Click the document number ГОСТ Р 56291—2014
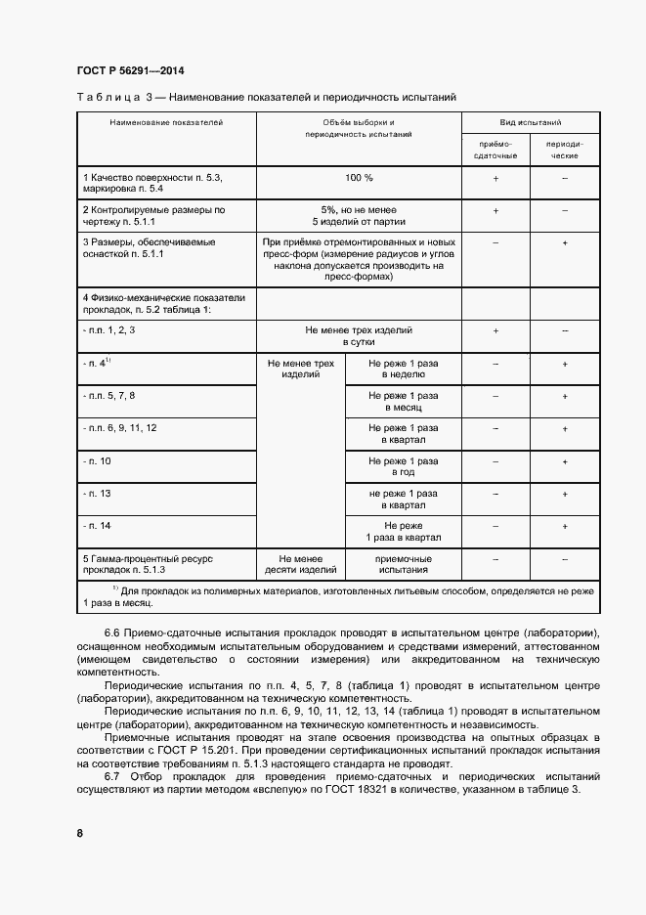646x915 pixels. pos(130,70)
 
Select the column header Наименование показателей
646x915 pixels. pos(166,123)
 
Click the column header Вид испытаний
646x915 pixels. pos(531,123)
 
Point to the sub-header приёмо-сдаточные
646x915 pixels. pos(495,149)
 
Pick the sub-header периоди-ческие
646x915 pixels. pos(565,149)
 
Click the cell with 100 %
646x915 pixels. pos(359,179)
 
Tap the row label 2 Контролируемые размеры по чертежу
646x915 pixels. pos(154,216)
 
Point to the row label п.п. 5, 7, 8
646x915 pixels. pos(109,395)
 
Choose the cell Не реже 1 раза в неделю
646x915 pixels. pos(404,369)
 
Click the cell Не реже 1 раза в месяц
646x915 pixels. pos(404,402)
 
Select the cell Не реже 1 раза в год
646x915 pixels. pos(404,466)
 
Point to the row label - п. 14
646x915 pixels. pos(98,525)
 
